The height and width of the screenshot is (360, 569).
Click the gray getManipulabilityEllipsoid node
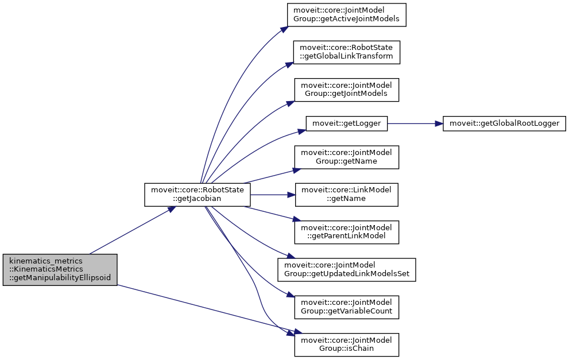click(60, 269)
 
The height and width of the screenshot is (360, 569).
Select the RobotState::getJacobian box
click(197, 195)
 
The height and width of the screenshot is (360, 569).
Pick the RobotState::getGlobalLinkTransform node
click(347, 52)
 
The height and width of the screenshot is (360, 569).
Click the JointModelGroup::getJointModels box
click(347, 89)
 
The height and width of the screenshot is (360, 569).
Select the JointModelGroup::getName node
click(347, 157)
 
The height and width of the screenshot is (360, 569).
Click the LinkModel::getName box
click(347, 195)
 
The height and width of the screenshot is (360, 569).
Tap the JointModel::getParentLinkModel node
click(347, 231)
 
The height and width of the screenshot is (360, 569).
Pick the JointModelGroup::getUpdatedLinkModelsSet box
click(347, 269)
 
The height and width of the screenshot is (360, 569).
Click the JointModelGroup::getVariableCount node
click(347, 307)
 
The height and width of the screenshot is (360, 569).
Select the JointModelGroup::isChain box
click(347, 344)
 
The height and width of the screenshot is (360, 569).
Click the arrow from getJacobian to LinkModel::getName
click(272, 195)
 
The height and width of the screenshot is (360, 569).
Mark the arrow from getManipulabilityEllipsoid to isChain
click(207, 308)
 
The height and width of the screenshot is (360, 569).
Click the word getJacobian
click(197, 199)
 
